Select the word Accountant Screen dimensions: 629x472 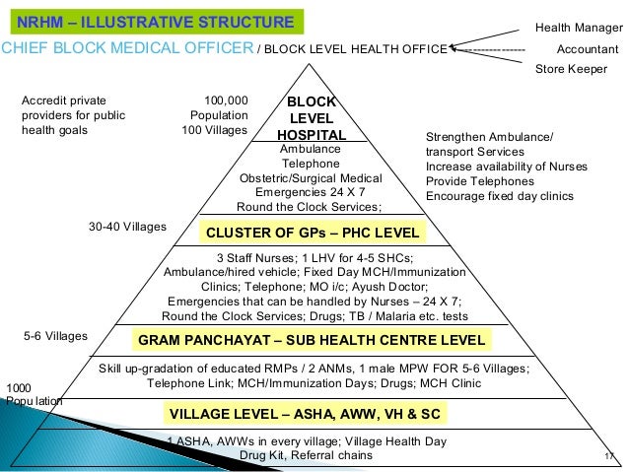pyautogui.click(x=588, y=48)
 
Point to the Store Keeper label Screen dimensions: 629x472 pyautogui.click(x=570, y=69)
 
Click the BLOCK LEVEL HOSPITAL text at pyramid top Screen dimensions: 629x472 pyautogui.click(x=312, y=118)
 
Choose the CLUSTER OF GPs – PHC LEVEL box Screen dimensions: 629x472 pyautogui.click(x=312, y=233)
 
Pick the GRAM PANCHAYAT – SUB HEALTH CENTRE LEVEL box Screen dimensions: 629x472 pyautogui.click(x=312, y=340)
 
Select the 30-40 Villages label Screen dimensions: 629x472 pyautogui.click(x=127, y=227)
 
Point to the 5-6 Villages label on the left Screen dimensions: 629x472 pyautogui.click(x=55, y=336)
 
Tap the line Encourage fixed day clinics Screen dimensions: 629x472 pyautogui.click(x=499, y=195)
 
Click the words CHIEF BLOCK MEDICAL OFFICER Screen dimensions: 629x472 pyautogui.click(x=127, y=47)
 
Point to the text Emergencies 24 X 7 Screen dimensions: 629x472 pyautogui.click(x=309, y=192)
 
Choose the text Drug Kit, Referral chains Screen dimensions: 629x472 pyautogui.click(x=306, y=456)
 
